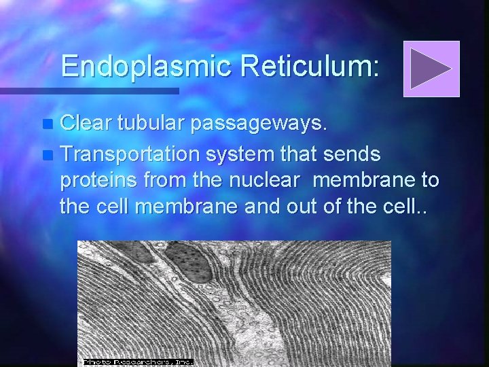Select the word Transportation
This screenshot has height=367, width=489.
[x=130, y=155]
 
